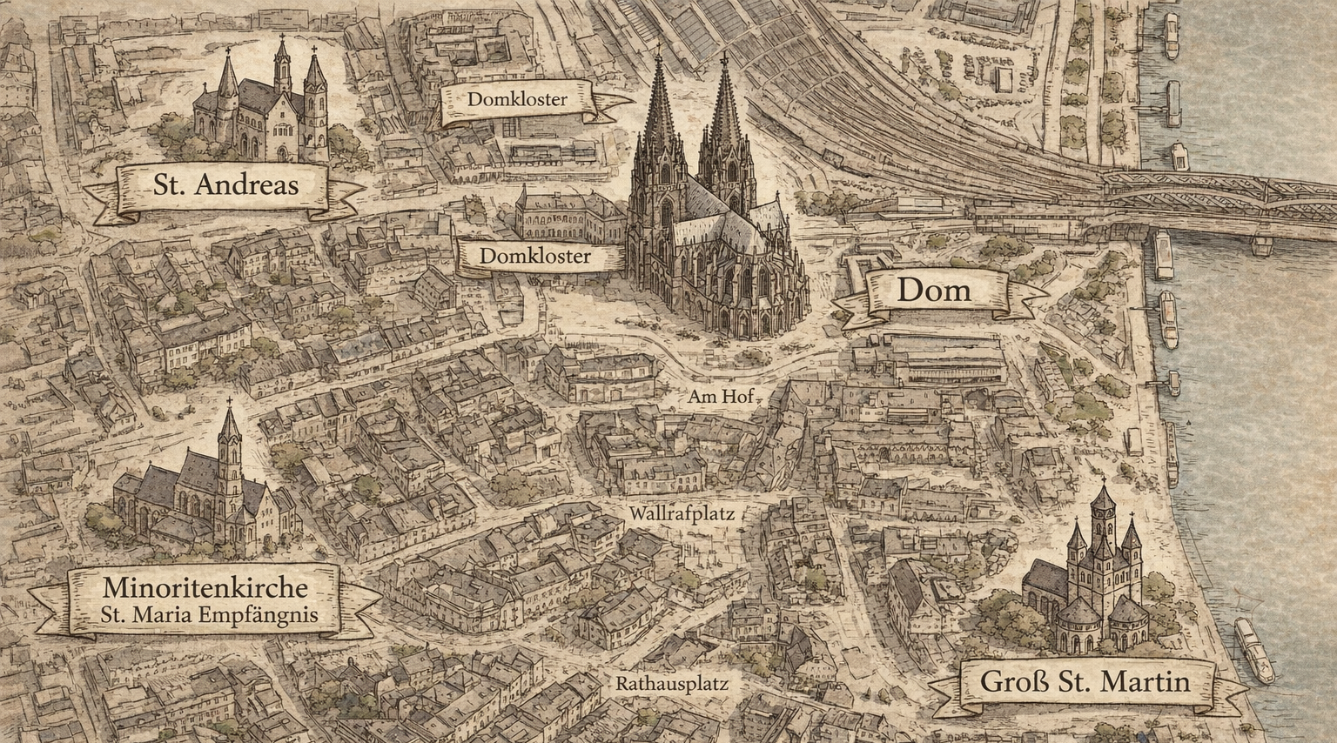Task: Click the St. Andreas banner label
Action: coord(225,184)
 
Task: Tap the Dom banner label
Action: coord(933,290)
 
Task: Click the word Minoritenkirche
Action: coord(205,587)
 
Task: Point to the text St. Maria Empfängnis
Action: coord(209,614)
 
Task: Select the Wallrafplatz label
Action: coord(682,514)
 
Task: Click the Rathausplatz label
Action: coord(672,684)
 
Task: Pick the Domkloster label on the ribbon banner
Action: coord(517,99)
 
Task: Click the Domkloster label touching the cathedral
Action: coord(534,257)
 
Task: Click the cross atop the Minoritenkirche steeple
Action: coord(230,403)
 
